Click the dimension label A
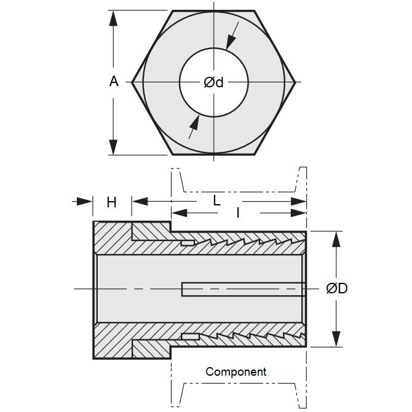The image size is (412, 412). click(x=114, y=81)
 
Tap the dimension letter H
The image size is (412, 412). click(x=111, y=202)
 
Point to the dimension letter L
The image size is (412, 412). click(x=216, y=200)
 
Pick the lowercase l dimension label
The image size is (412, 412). click(x=238, y=213)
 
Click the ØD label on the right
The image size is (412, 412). click(x=336, y=288)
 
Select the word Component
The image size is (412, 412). click(x=236, y=371)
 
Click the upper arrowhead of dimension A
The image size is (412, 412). click(x=113, y=18)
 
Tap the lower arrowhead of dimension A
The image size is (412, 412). click(x=113, y=147)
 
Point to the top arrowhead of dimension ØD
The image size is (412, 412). click(x=336, y=239)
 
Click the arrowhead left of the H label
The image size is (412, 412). click(x=84, y=201)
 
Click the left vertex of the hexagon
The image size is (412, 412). click(x=132, y=82)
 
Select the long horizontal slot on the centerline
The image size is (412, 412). click(x=242, y=289)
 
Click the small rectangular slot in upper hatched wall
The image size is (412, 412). click(x=188, y=244)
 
